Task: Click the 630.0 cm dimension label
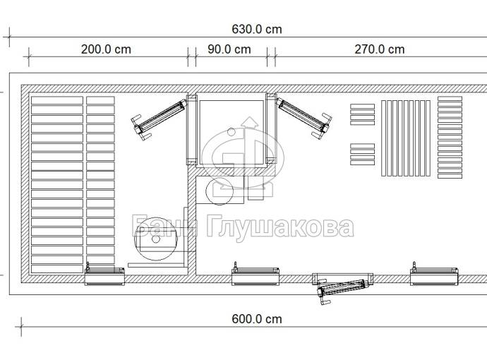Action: (257, 29)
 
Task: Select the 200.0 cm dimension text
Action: (106, 49)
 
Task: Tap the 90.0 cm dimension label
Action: (229, 49)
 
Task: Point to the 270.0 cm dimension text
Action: (380, 49)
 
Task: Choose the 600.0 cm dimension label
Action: (257, 319)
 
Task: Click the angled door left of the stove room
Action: (160, 118)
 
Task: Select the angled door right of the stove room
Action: (304, 116)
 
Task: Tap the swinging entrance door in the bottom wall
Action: (342, 287)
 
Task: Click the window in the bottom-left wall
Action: (104, 274)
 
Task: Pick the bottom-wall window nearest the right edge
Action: (434, 274)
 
